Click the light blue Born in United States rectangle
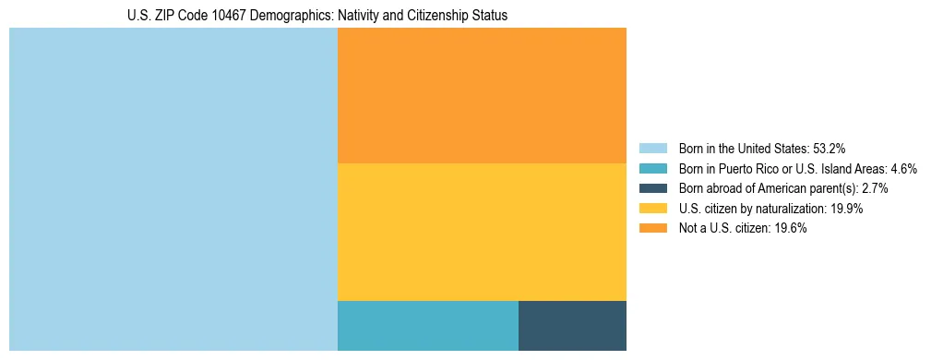(x=173, y=189)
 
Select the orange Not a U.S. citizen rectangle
(x=482, y=95)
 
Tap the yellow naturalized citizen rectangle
(x=482, y=232)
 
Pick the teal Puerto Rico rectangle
(x=428, y=326)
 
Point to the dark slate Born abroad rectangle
(x=572, y=326)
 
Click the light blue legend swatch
(x=652, y=148)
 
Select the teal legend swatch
(x=652, y=168)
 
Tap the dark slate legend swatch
(x=652, y=188)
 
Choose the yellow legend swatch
(x=652, y=209)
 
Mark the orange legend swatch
(x=652, y=228)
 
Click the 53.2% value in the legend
(x=830, y=148)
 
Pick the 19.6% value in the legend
(x=791, y=228)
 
